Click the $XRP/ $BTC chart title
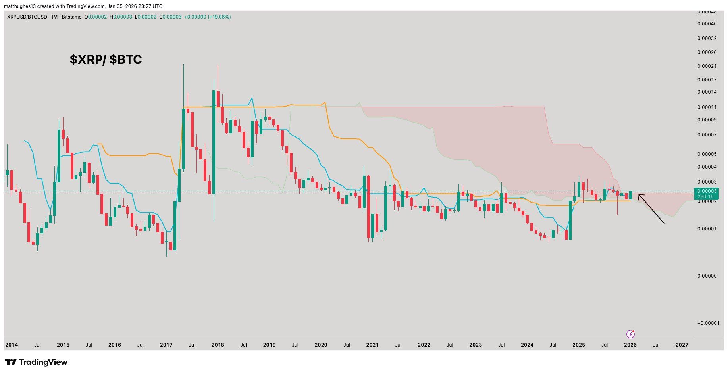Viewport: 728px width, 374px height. point(106,60)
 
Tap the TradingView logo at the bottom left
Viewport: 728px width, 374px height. point(36,362)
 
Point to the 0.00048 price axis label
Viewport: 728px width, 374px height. point(707,12)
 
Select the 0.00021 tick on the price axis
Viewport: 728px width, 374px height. point(707,66)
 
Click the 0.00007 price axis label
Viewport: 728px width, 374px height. point(707,135)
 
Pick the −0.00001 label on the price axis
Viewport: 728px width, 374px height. point(708,323)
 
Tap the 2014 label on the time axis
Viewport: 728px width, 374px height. point(12,345)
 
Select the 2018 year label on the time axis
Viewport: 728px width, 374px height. point(218,345)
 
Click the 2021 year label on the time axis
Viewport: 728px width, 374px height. point(372,345)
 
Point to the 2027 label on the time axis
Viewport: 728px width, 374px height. point(682,345)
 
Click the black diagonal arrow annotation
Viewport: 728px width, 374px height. point(651,209)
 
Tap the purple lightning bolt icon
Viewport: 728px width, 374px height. point(630,334)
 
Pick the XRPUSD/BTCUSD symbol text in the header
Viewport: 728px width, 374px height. point(27,17)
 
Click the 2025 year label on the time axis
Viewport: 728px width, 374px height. point(578,345)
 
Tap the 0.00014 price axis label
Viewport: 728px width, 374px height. point(707,92)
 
